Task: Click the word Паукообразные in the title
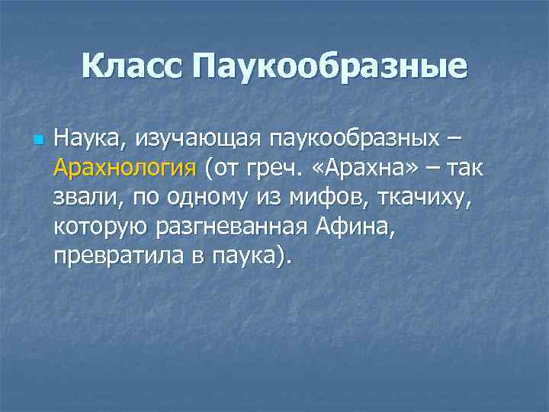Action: point(329,66)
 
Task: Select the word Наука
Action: point(83,140)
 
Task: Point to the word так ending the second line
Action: point(471,168)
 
